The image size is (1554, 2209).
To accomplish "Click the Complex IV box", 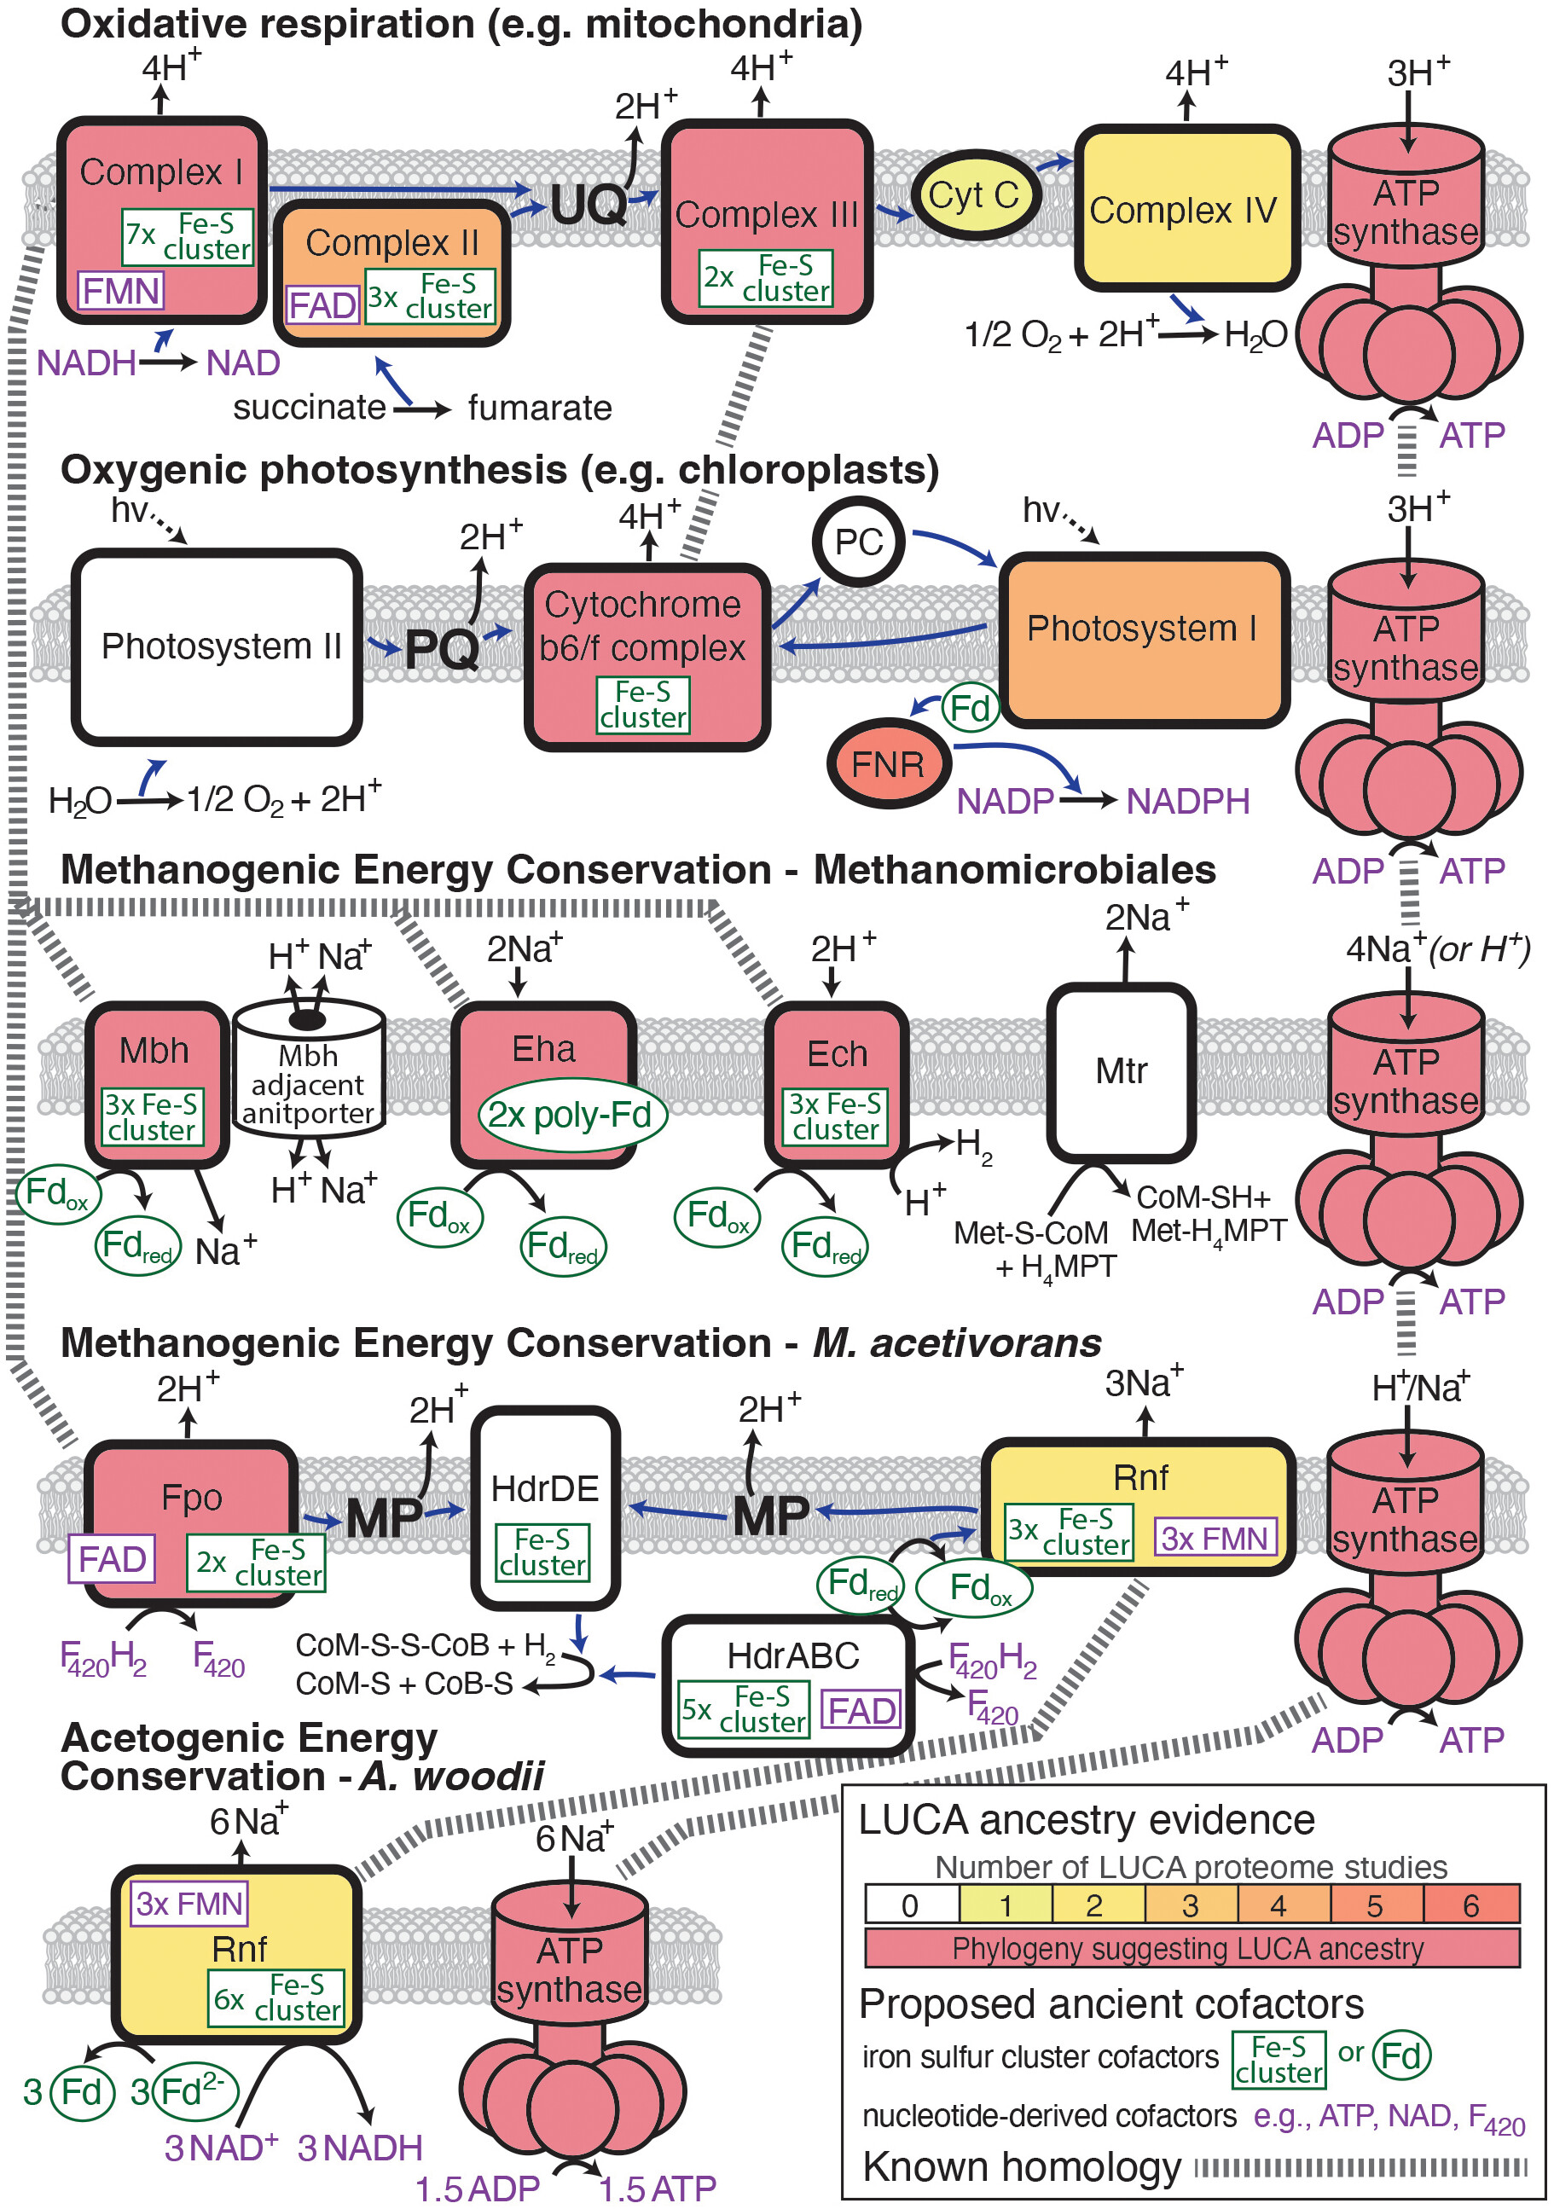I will (x=1186, y=209).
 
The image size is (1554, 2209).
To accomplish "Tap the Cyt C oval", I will (x=974, y=195).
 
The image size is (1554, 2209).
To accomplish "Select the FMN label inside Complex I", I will (x=121, y=291).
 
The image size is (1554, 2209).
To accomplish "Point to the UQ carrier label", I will (x=588, y=205).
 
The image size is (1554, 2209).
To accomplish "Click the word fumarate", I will (x=540, y=409).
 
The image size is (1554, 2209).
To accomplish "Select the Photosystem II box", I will (x=217, y=646).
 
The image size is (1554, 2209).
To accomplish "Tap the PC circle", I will (x=858, y=542).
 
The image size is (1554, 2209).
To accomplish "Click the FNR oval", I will (x=888, y=764).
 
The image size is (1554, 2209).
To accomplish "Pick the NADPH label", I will (x=1187, y=802).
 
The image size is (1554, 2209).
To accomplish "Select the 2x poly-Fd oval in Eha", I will (x=571, y=1115).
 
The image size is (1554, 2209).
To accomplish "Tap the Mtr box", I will (x=1121, y=1072).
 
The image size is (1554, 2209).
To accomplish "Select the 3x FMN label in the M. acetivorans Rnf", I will (x=1215, y=1538).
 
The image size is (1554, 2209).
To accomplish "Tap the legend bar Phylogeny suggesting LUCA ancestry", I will (x=1191, y=1948).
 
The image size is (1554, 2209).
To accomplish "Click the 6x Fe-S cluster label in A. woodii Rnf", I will (x=277, y=1998).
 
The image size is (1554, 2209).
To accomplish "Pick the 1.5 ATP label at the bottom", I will (x=658, y=2189).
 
